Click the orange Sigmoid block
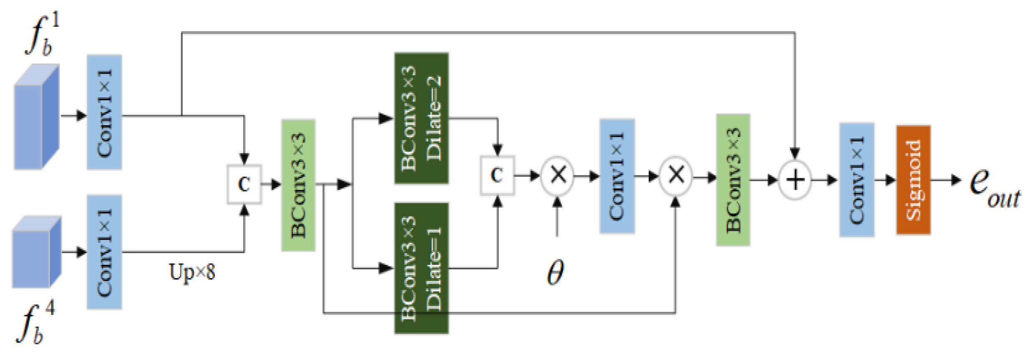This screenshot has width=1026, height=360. [x=913, y=180]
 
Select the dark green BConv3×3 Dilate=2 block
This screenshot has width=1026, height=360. [x=421, y=118]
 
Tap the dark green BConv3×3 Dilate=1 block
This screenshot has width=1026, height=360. [x=421, y=269]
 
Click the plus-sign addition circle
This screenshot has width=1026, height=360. [x=795, y=180]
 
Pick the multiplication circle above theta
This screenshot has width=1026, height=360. [x=558, y=175]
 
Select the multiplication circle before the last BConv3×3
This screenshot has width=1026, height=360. [x=676, y=176]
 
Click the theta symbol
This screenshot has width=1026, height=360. [x=556, y=272]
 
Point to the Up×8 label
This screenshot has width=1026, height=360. [x=192, y=272]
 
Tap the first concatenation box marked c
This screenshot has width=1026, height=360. [x=244, y=184]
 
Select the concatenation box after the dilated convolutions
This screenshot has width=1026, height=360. [x=497, y=175]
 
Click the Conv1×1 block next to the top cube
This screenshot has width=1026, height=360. [x=104, y=112]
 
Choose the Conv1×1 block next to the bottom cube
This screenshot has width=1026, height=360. [x=104, y=252]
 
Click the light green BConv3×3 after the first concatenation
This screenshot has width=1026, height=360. [x=298, y=185]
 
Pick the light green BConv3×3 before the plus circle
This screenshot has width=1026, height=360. [x=733, y=180]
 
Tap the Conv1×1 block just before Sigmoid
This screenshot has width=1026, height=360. [x=857, y=180]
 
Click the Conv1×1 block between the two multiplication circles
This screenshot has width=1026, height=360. [x=617, y=176]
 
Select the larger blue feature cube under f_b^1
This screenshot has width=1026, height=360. [x=36, y=119]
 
